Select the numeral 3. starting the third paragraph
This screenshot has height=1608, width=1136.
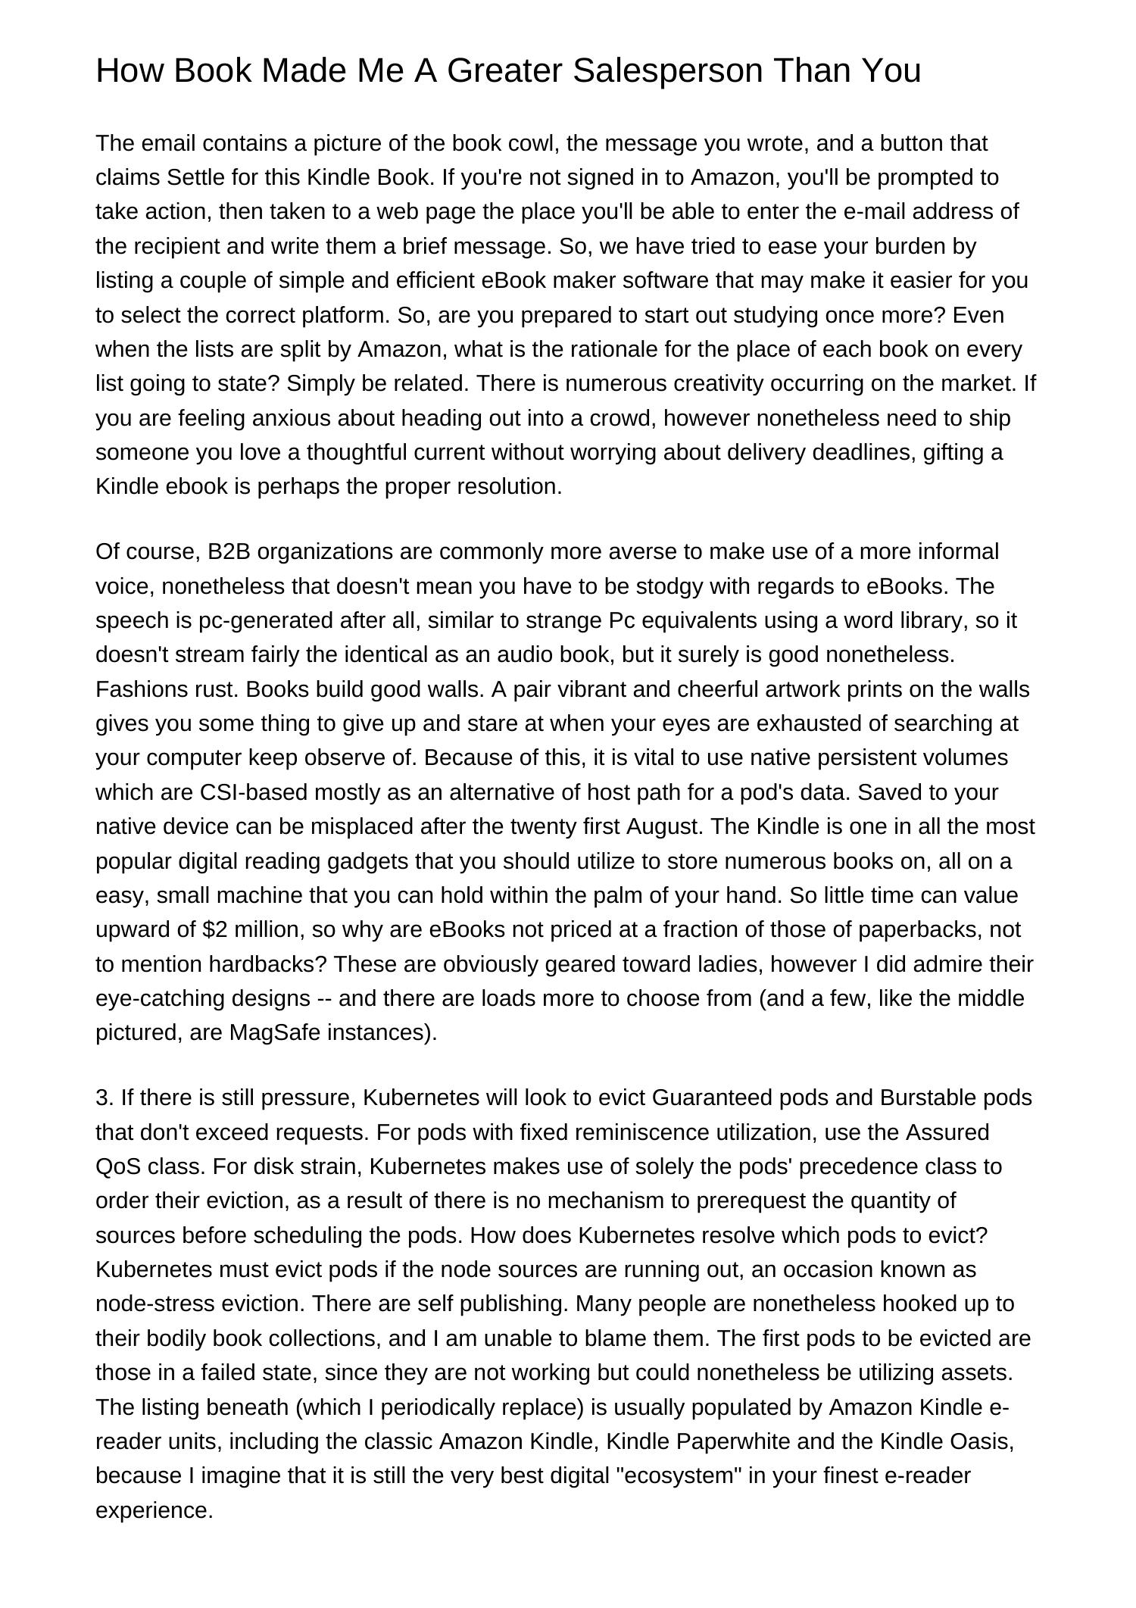tap(105, 1097)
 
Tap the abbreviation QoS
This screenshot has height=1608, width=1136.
tap(118, 1166)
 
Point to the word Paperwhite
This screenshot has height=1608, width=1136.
tap(732, 1441)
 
